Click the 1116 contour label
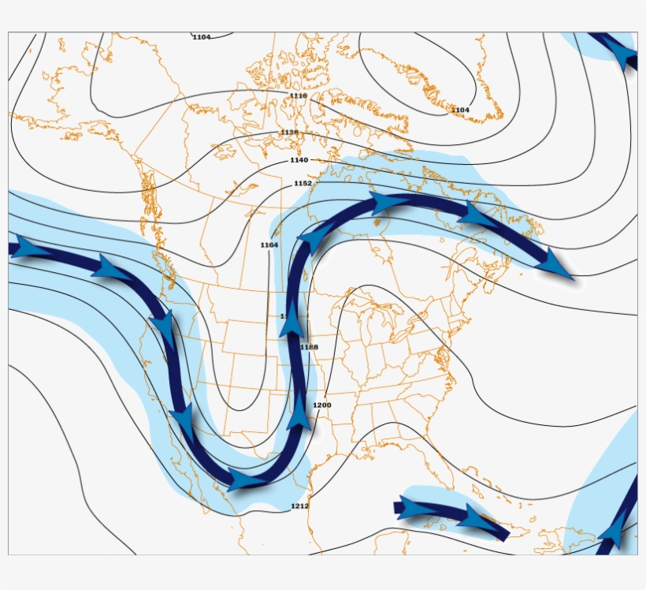(298, 96)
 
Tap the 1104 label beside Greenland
(460, 110)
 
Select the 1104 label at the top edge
(202, 37)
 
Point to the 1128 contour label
(289, 133)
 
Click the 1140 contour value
(299, 160)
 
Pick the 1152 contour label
(303, 183)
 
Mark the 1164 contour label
(269, 245)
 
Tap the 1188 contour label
(309, 347)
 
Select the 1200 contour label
(321, 405)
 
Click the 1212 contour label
(299, 506)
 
